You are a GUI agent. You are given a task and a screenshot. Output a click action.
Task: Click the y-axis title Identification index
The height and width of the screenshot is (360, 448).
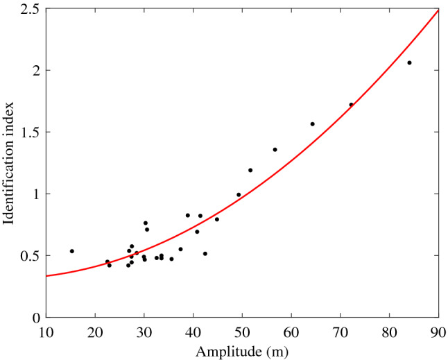click(x=9, y=164)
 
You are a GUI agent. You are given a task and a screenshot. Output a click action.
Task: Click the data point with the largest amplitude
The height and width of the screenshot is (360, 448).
click(x=409, y=62)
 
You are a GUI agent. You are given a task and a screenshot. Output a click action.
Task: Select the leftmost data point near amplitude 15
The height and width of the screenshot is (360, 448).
click(x=71, y=251)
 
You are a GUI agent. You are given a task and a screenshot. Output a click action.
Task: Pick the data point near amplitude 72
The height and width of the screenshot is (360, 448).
click(x=351, y=105)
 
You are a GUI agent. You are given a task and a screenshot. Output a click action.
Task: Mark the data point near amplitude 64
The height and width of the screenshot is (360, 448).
click(x=312, y=124)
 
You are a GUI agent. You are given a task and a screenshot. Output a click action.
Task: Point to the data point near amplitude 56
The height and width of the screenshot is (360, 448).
click(x=275, y=150)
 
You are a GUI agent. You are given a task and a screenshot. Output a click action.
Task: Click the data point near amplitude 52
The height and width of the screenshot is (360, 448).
click(x=250, y=170)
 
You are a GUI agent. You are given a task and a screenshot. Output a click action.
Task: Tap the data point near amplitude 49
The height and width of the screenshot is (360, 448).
click(x=239, y=195)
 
